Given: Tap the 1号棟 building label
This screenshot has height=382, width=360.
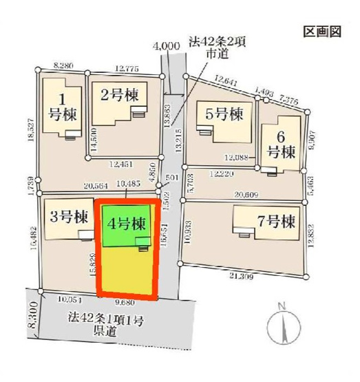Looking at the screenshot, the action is [61, 107].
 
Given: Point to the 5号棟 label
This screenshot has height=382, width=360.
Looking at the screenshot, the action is [220, 114].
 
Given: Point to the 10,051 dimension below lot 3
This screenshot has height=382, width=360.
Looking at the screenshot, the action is [70, 299].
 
